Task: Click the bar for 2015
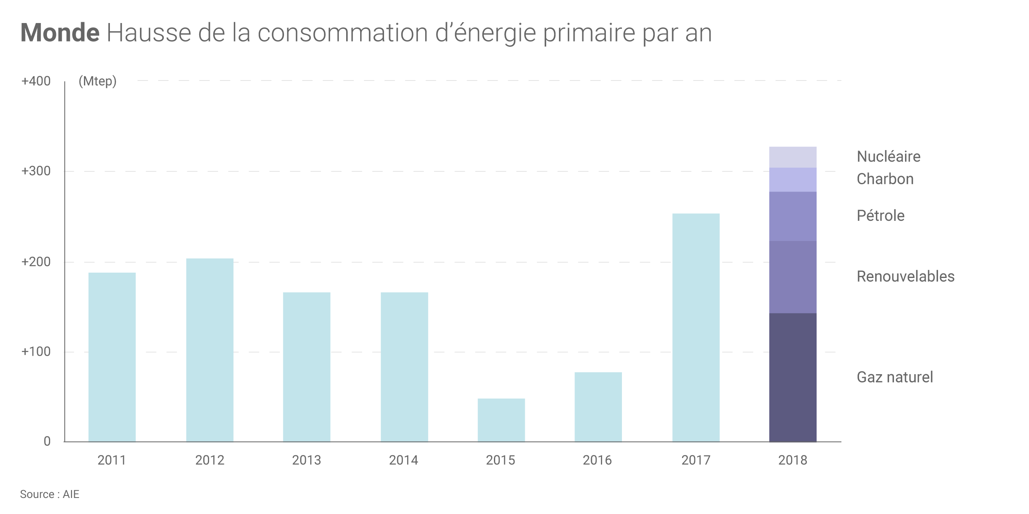click(x=501, y=420)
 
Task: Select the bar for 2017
click(x=696, y=327)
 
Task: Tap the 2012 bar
click(x=210, y=350)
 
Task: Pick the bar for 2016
click(x=598, y=407)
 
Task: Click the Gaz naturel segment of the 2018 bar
click(x=792, y=377)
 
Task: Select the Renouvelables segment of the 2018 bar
click(x=792, y=277)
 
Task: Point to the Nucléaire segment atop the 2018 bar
click(x=792, y=157)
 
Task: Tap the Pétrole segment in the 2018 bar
click(x=792, y=216)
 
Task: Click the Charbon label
click(x=885, y=179)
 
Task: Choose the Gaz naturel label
click(x=894, y=377)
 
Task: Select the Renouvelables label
click(x=905, y=276)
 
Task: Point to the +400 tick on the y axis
click(x=36, y=81)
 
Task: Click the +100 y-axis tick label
click(x=36, y=352)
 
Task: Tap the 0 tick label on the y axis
click(x=47, y=441)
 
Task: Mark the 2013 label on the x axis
click(x=306, y=460)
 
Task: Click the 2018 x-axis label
click(x=792, y=460)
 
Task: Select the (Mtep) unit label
click(x=98, y=81)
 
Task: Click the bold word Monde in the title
click(x=60, y=32)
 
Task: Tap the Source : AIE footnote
click(x=49, y=494)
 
